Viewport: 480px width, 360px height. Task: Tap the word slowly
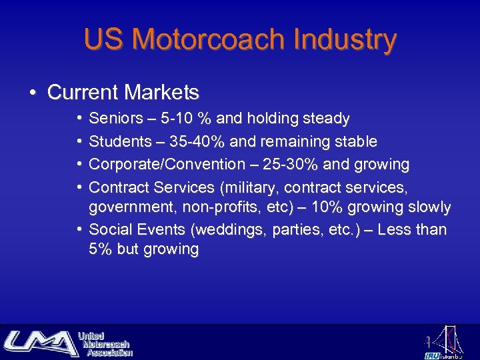pyautogui.click(x=428, y=207)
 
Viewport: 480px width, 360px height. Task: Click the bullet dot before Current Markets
pyautogui.click(x=33, y=92)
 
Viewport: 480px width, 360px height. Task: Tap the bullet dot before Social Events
pyautogui.click(x=79, y=230)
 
